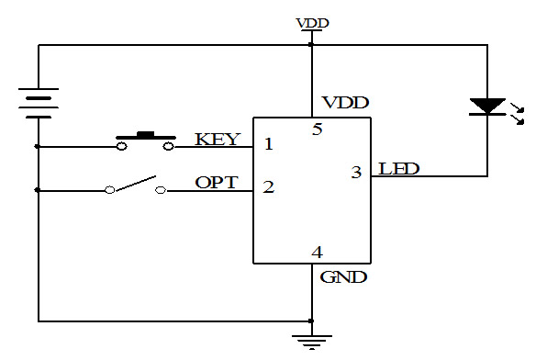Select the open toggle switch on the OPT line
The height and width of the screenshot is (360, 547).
coord(135,186)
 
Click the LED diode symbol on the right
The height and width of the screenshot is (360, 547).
coord(487,107)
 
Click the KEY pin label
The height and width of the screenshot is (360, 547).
coord(218,140)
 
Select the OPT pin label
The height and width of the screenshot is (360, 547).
coord(217,182)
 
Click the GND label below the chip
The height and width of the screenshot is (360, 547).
coord(343,276)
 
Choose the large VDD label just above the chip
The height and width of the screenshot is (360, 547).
coord(345,102)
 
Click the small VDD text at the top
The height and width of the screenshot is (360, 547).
coord(312,23)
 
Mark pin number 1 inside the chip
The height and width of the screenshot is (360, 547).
coord(268,143)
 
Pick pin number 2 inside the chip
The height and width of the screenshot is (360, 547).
coord(268,186)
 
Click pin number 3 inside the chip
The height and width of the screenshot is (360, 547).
coord(356,171)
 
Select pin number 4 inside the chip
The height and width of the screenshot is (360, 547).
coord(317,252)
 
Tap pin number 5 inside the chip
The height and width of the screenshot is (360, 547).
coord(317,129)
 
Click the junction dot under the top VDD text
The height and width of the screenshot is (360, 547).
coord(311,43)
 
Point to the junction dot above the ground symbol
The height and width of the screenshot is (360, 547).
coord(311,321)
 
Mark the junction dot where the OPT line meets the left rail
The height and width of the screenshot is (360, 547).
coord(39,190)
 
